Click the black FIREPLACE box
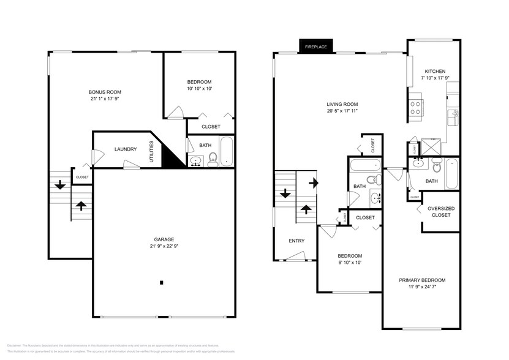coord(317,47)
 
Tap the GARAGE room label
coord(164,239)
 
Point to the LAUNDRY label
coord(125,149)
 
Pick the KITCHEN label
coord(435,71)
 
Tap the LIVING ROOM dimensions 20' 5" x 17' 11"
coord(342,111)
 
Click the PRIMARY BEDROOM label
coord(422,280)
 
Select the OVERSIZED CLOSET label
coord(440,211)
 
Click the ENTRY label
coord(296,241)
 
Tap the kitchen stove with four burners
coord(417,108)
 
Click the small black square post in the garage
coord(161,282)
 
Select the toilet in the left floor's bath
coord(213,160)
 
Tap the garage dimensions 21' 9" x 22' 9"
coord(164,246)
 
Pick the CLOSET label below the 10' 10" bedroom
coord(211,127)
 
